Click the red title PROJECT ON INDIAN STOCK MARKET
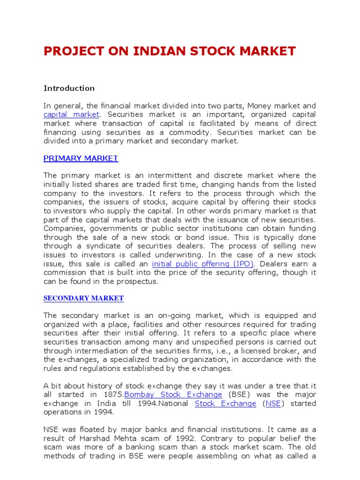coord(170,51)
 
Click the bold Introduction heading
coord(69,88)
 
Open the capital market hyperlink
coord(71,114)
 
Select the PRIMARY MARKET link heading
coord(81,158)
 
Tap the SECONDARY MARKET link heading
coord(83,298)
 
